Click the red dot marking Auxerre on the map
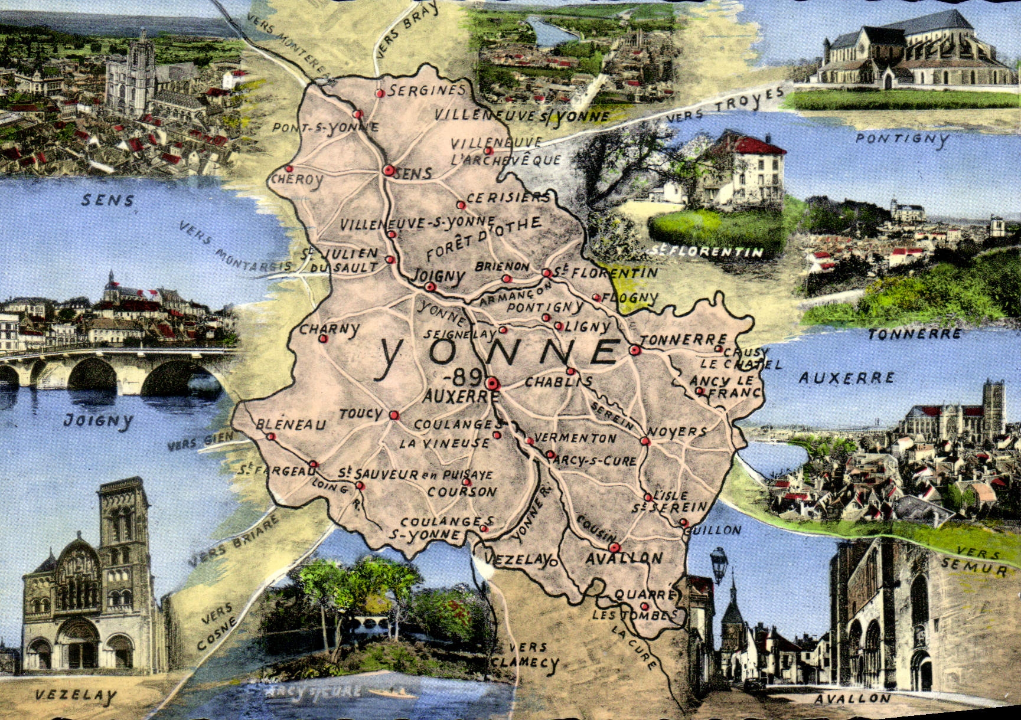click(x=492, y=384)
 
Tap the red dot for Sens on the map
click(x=388, y=171)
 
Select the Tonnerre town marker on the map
click(x=634, y=349)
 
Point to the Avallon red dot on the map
click(x=614, y=547)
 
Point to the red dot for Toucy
click(x=393, y=415)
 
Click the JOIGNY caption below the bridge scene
click(x=98, y=421)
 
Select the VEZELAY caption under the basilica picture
click(x=76, y=696)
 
